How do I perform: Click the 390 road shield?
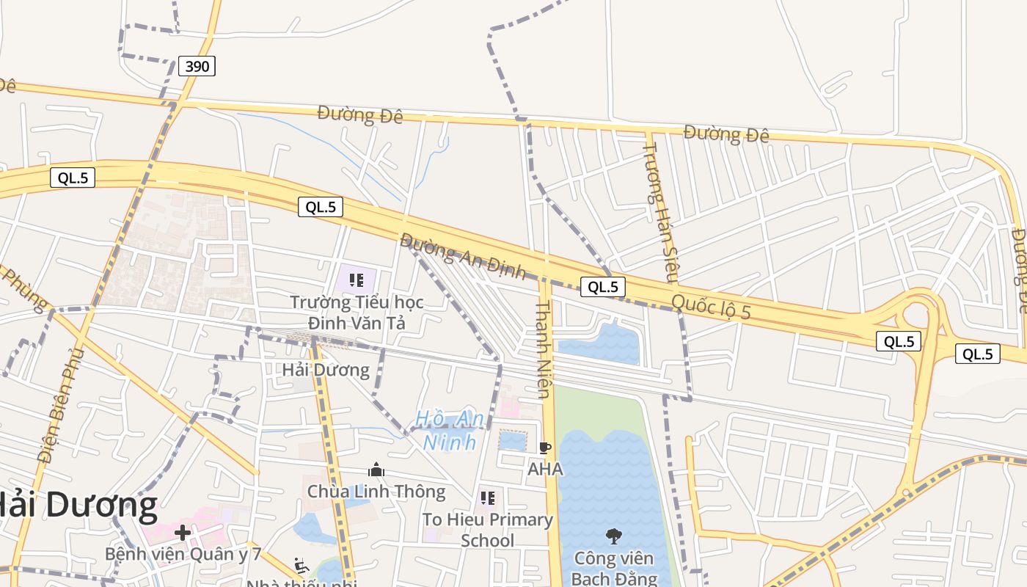click(197, 66)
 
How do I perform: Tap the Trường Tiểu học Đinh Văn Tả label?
click(356, 312)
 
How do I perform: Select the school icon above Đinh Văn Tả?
click(357, 280)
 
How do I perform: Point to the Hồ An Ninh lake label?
click(450, 430)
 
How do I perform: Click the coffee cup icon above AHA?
click(544, 448)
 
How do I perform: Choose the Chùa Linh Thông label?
click(376, 491)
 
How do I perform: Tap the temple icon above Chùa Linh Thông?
click(376, 470)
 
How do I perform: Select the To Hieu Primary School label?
click(488, 530)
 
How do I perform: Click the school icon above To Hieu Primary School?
click(488, 499)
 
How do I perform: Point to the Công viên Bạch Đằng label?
click(614, 568)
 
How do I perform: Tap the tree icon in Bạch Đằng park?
click(613, 536)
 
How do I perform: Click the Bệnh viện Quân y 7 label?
click(183, 553)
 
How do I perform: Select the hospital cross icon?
click(183, 532)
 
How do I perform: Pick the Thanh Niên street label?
click(543, 348)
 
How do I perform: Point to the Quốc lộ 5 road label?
click(711, 306)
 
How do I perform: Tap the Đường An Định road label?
click(463, 256)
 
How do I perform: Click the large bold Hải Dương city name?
click(77, 506)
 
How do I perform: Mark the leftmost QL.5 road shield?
click(73, 178)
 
